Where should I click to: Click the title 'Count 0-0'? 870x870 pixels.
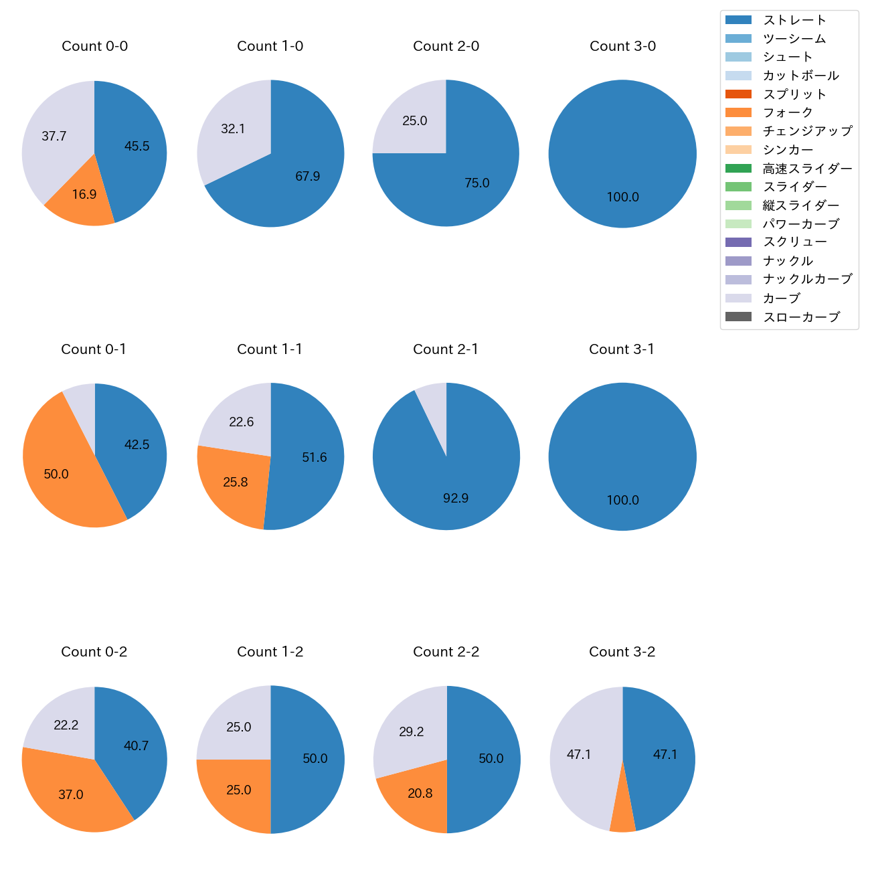tap(94, 46)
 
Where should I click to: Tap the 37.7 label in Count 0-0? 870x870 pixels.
tap(54, 137)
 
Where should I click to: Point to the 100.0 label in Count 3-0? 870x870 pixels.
tap(622, 197)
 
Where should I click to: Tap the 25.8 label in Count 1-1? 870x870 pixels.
tap(236, 483)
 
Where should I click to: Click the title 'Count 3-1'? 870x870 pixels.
tap(622, 349)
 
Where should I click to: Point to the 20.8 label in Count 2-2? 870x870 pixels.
tap(420, 794)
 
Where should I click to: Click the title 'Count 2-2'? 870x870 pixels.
tap(446, 652)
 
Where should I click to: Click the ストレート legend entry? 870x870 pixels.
tap(794, 20)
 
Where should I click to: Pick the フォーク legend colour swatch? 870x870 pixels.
tap(738, 112)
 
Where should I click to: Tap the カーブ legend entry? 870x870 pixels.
tap(781, 298)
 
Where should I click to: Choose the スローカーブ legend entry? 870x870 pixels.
tap(801, 317)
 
